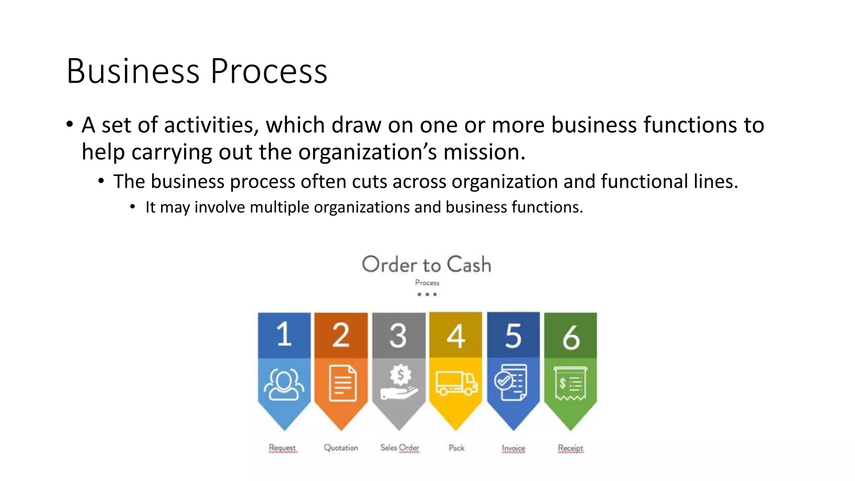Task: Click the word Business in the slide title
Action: pos(133,71)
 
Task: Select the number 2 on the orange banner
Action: pos(341,335)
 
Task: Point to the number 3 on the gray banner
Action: pos(398,335)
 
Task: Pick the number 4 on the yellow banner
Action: pos(455,336)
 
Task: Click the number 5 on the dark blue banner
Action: pos(513,336)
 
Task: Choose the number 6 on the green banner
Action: pos(571,337)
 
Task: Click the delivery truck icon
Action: pos(456,383)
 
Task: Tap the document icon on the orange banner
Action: pos(342,383)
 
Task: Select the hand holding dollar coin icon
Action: pos(399,382)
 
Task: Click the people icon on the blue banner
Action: pos(284,384)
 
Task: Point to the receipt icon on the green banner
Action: pos(570,383)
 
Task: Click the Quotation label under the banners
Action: pos(341,448)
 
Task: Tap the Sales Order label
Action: pos(400,448)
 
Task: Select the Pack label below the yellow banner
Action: pos(456,448)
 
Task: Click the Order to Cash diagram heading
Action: pos(426,265)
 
